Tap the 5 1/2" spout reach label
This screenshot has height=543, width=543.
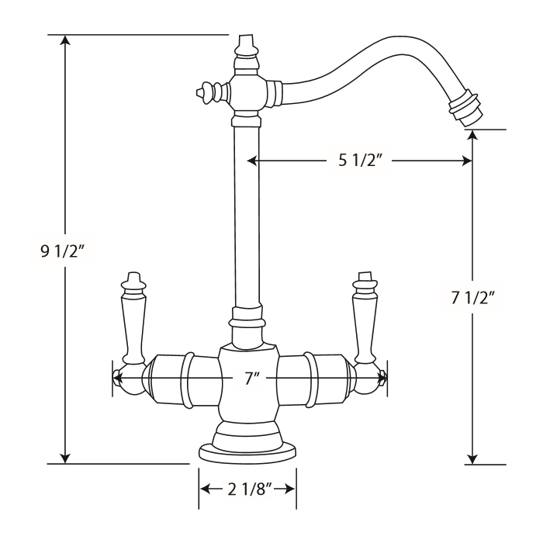(359, 161)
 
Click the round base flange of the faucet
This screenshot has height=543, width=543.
(248, 453)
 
